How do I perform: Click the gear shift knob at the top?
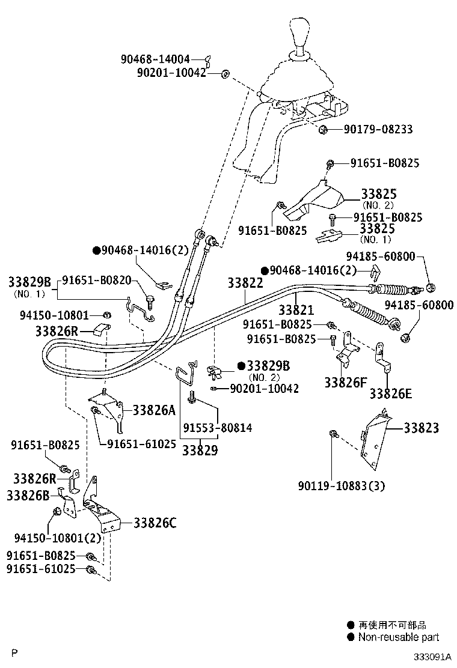point(300,37)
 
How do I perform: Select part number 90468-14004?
point(155,59)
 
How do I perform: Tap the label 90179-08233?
point(378,130)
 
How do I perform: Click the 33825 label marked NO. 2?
point(378,194)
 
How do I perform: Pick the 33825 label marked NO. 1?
point(377,229)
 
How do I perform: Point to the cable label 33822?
point(245,283)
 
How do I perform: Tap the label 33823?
point(421,428)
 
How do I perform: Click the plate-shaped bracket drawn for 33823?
point(374,439)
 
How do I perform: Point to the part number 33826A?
point(154,410)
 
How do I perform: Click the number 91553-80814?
point(218,428)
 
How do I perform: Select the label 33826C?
point(155,523)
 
